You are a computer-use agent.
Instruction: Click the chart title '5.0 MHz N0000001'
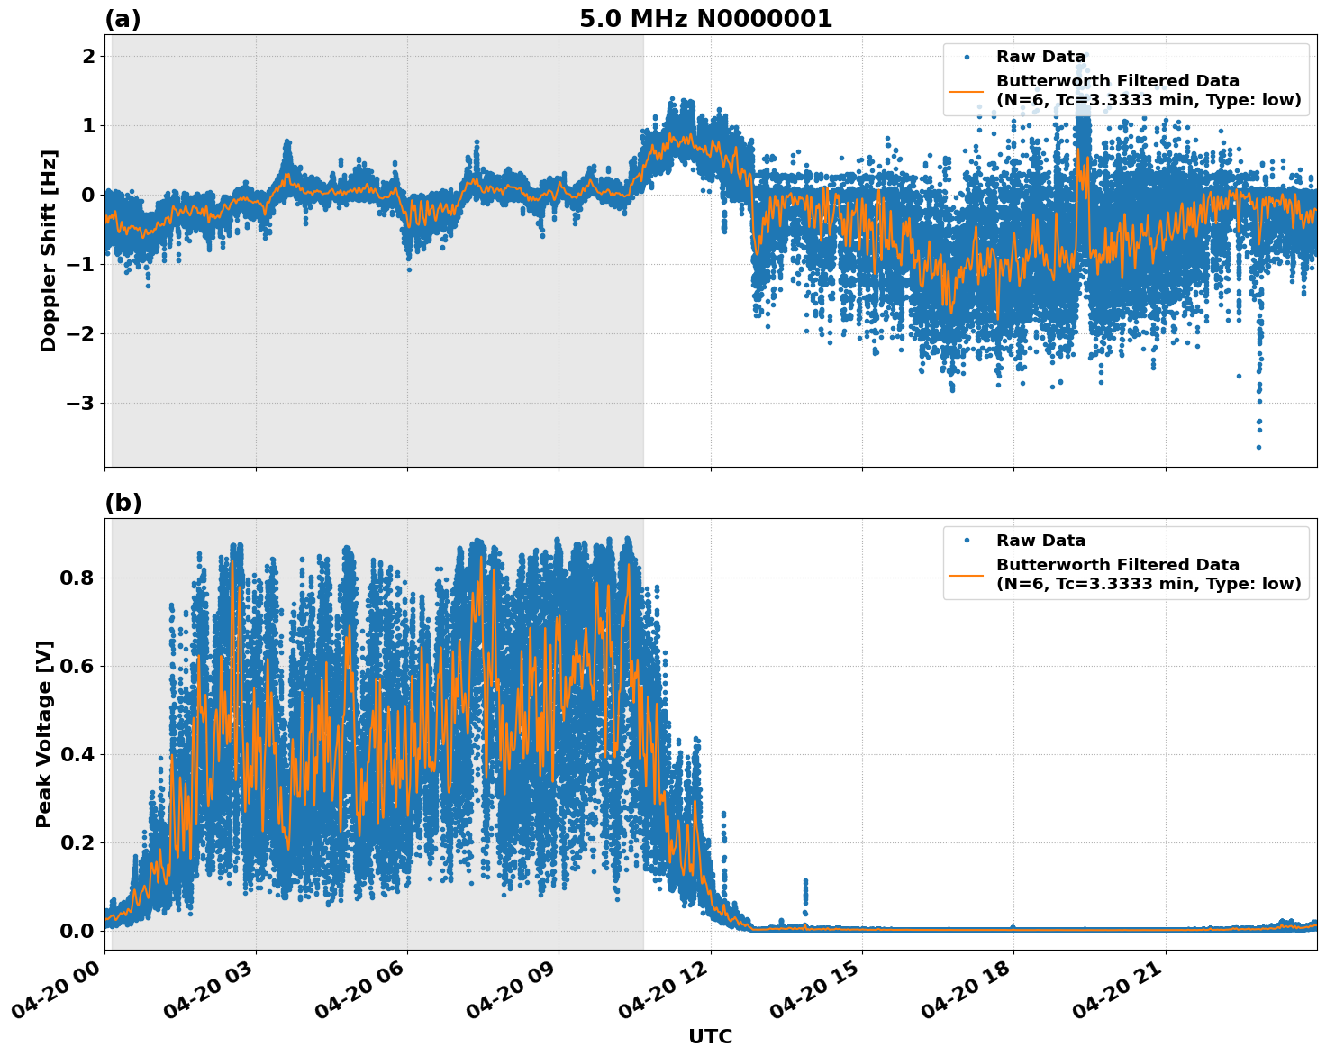pos(705,19)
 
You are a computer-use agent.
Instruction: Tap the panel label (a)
pos(123,19)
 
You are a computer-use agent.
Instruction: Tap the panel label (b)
pos(123,503)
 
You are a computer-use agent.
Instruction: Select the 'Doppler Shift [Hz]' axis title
pos(49,250)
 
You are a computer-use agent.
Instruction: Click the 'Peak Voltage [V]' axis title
pos(44,733)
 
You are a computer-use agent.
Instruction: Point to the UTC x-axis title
pos(710,1036)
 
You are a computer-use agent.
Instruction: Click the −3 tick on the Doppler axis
pos(80,403)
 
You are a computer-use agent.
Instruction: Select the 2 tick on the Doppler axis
pos(89,56)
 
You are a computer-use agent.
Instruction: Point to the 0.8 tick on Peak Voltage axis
pos(78,578)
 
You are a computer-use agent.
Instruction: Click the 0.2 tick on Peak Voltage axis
pos(78,842)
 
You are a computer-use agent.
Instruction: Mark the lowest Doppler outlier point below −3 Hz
pos(1258,447)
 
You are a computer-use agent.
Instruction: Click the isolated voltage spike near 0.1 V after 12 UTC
pos(805,881)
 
